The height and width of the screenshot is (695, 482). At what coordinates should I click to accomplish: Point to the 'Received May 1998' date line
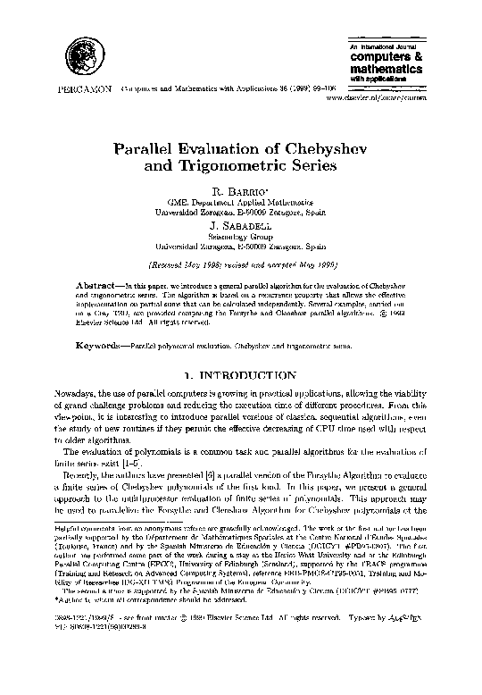pos(239,265)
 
